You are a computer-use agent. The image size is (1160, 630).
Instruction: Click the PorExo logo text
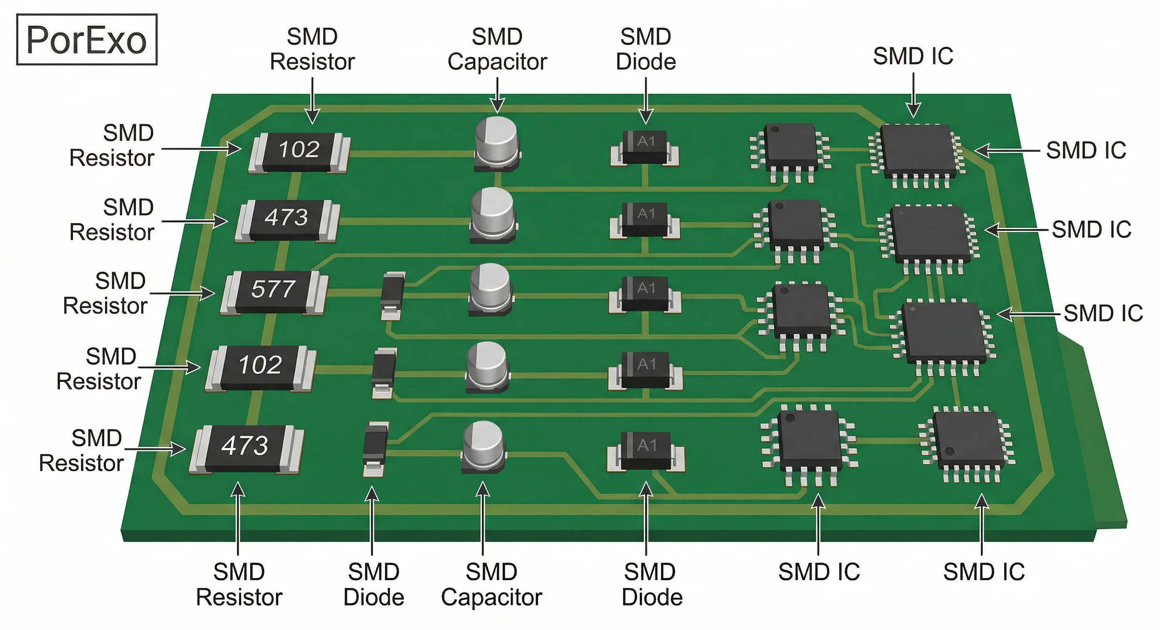(x=86, y=40)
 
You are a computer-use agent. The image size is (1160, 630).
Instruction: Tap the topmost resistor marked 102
(x=299, y=151)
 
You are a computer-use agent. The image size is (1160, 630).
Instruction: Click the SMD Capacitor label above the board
(x=497, y=49)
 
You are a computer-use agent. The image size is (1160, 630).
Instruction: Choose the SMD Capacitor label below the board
(x=491, y=585)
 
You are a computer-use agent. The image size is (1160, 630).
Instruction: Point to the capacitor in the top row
(x=497, y=143)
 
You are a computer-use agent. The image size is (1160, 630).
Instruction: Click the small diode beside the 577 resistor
(x=392, y=294)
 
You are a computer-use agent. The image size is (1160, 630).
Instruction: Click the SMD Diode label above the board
(x=646, y=49)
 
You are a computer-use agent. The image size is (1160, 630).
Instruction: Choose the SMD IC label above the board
(x=913, y=56)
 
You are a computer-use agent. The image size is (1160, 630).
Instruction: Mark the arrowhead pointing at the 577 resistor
(x=208, y=294)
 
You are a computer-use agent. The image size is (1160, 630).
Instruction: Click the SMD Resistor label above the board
(x=312, y=49)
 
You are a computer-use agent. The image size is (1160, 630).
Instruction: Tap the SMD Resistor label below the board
(x=239, y=585)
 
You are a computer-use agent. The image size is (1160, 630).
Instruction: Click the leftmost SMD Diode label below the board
(x=374, y=585)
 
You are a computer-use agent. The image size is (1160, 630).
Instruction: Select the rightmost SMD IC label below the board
(x=984, y=572)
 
